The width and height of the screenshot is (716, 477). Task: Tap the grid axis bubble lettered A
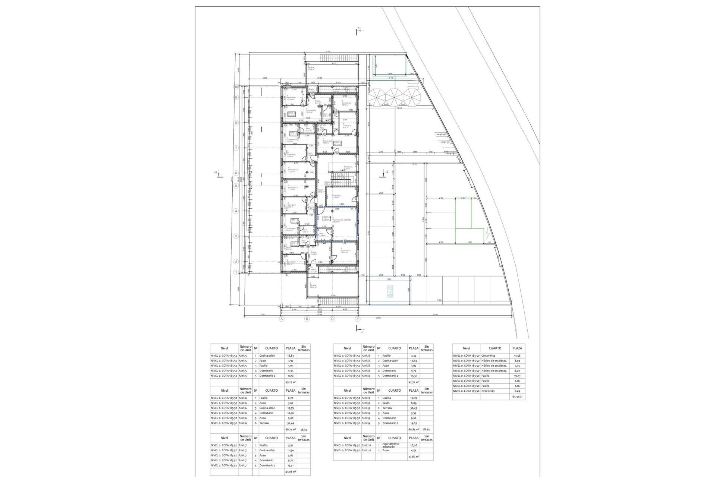(282, 319)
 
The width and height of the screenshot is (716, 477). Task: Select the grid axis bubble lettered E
(358, 319)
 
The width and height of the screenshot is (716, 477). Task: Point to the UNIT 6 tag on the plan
(291, 114)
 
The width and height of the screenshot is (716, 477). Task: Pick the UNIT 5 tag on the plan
(337, 143)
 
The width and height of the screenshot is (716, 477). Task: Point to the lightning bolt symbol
(489, 234)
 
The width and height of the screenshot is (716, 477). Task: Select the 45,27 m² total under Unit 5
(290, 382)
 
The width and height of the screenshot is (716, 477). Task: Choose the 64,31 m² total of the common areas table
(517, 397)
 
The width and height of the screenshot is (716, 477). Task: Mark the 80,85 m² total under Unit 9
(413, 429)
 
